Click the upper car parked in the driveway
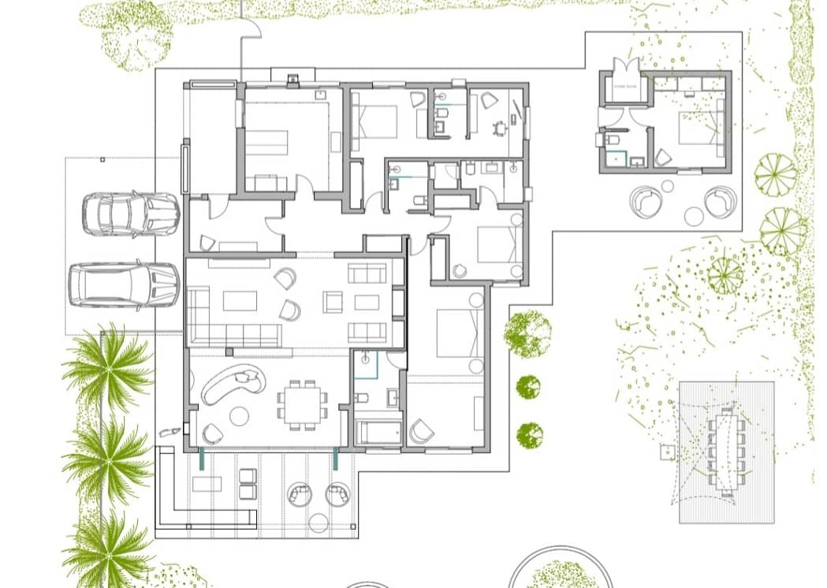point(130,213)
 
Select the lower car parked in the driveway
point(124,285)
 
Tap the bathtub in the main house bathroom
point(378,433)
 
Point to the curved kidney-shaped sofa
point(233,384)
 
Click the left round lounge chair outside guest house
point(647,202)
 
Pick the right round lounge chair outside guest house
point(720,202)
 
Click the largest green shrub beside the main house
point(527,332)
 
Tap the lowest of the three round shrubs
point(530,435)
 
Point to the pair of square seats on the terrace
point(248,483)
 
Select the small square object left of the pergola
point(666,452)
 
